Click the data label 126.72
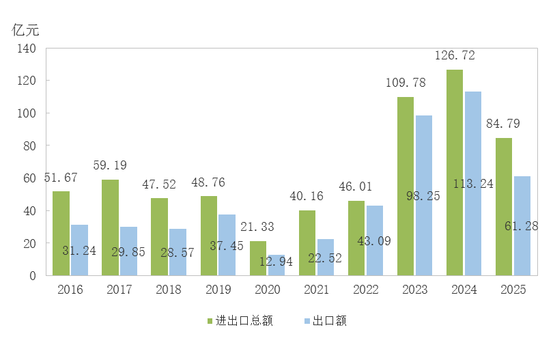tap(455, 55)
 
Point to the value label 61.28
tap(522, 225)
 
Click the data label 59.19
tap(110, 165)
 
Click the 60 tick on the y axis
tap(29, 178)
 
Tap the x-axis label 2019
tap(218, 290)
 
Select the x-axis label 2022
tap(365, 290)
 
